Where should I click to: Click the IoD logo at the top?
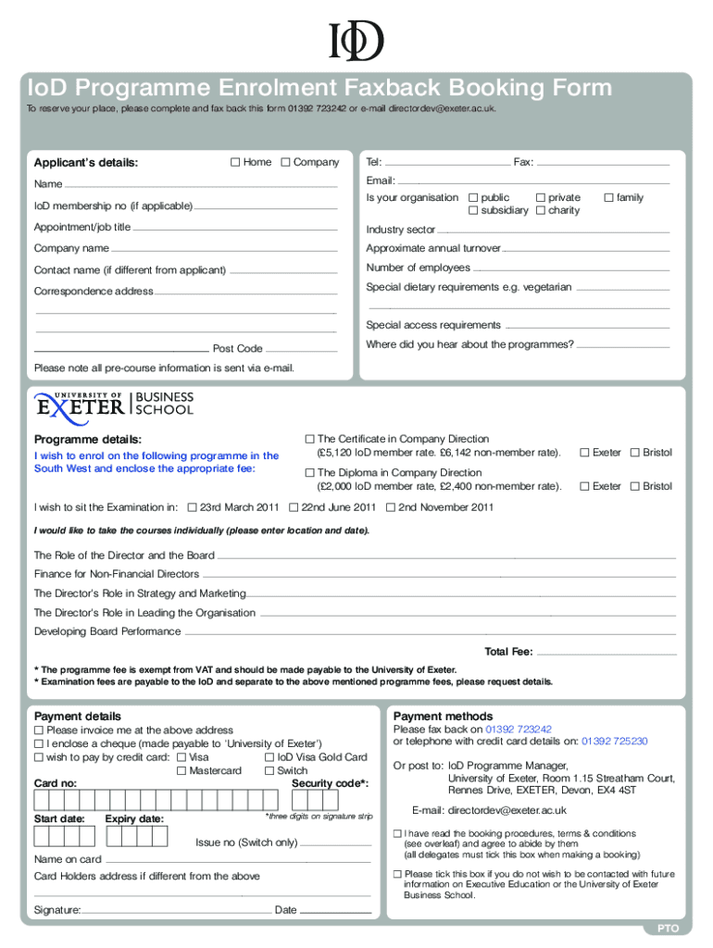356,41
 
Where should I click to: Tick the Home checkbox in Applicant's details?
235,163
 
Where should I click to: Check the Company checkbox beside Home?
285,163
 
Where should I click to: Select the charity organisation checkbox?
541,211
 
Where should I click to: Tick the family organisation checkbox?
608,197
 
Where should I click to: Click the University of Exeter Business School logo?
114,403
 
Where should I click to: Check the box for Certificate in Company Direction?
310,440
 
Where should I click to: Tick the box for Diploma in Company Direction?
310,473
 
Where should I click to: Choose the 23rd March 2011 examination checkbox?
193,507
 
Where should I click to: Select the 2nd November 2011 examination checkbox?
391,507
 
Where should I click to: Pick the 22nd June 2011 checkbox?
294,507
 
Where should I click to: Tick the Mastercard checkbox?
181,771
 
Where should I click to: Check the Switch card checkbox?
269,771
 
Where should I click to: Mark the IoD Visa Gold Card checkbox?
269,757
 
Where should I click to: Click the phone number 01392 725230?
615,742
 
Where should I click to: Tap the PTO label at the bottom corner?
669,928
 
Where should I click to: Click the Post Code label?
238,349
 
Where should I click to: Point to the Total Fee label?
508,652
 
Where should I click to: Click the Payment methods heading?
443,717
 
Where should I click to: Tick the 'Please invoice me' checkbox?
39,730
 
